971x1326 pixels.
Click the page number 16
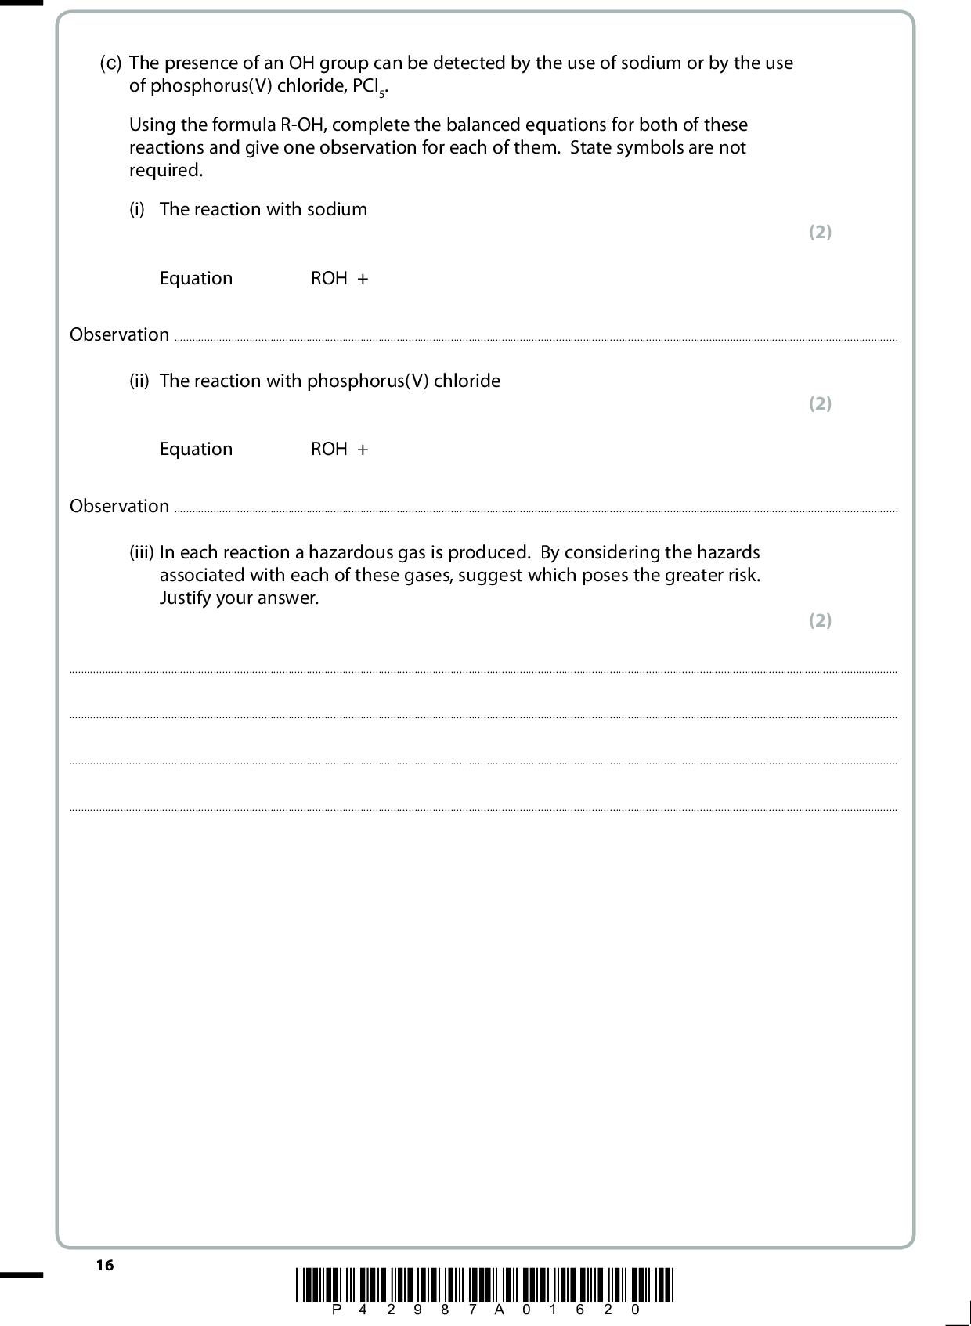(x=105, y=1265)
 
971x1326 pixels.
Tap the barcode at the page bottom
(x=485, y=1284)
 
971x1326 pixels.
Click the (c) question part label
(x=110, y=63)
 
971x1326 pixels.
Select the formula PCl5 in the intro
(x=370, y=86)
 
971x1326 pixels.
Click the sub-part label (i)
(x=137, y=209)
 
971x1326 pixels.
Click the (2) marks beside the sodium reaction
(x=820, y=232)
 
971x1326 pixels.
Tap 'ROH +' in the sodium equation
(x=339, y=279)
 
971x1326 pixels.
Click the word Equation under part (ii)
(x=196, y=450)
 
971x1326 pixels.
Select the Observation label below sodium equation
(x=119, y=335)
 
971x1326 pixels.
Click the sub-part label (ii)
(x=139, y=381)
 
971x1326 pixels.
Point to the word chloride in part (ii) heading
(x=467, y=381)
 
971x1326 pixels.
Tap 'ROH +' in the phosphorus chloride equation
(x=339, y=450)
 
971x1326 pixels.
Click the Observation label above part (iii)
(x=119, y=507)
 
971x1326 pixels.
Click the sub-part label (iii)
(x=141, y=552)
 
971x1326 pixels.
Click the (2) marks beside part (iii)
(x=820, y=620)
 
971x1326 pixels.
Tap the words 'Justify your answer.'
(x=239, y=598)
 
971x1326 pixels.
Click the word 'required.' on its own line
(x=165, y=171)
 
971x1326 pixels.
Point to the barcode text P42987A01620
(x=485, y=1310)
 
